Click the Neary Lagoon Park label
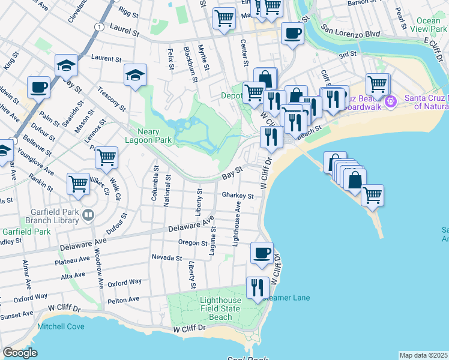tap(155, 136)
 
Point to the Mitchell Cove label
tap(61, 326)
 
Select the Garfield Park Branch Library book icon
tap(88, 214)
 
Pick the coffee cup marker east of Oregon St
tap(261, 253)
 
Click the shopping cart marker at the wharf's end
tap(372, 194)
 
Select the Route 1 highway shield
tap(97, 26)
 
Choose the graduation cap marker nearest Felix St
tap(136, 75)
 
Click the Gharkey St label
tap(238, 195)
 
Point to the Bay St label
tap(232, 173)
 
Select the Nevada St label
tap(166, 257)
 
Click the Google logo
tap(20, 353)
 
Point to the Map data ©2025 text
tap(423, 355)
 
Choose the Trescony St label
tap(111, 100)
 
